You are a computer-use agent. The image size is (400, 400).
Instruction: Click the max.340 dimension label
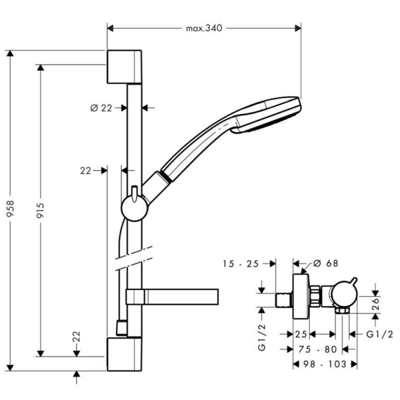pyautogui.click(x=203, y=28)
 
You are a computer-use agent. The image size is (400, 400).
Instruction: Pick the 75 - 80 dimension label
pyautogui.click(x=316, y=347)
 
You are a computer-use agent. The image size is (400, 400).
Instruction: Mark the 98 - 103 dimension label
pyautogui.click(x=325, y=364)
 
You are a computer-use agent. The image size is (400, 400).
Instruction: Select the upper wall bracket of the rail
pyautogui.click(x=123, y=66)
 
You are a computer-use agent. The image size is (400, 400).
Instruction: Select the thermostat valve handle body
pyautogui.click(x=345, y=295)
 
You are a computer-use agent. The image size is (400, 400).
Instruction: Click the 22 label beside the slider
pyautogui.click(x=85, y=171)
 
